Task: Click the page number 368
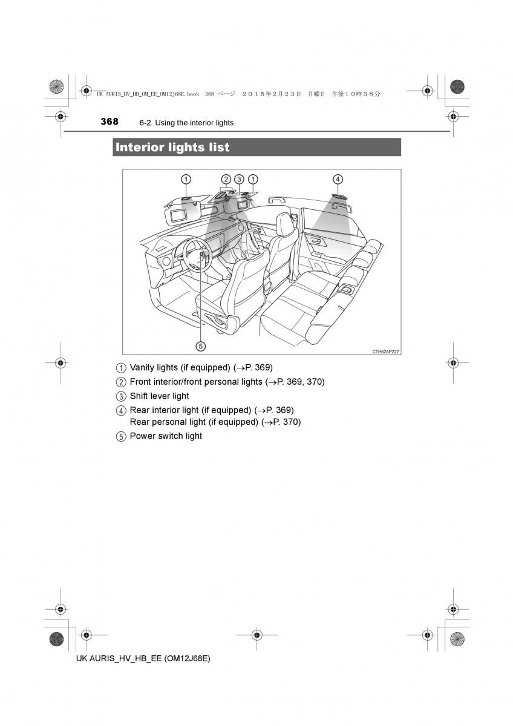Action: click(109, 122)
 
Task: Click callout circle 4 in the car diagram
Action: click(338, 178)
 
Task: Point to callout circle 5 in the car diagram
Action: click(200, 346)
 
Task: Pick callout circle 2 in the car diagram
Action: click(226, 178)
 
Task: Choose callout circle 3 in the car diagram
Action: click(239, 178)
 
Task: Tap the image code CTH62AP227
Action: click(385, 351)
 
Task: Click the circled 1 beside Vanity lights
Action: click(121, 368)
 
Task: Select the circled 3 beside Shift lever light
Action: click(121, 396)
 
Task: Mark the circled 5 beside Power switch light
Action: click(121, 436)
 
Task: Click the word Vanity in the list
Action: click(143, 367)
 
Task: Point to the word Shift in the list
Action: click(139, 396)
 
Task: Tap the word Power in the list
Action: click(143, 436)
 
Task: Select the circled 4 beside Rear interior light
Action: click(121, 411)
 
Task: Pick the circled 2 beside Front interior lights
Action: click(121, 382)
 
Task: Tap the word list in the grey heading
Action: click(218, 147)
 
